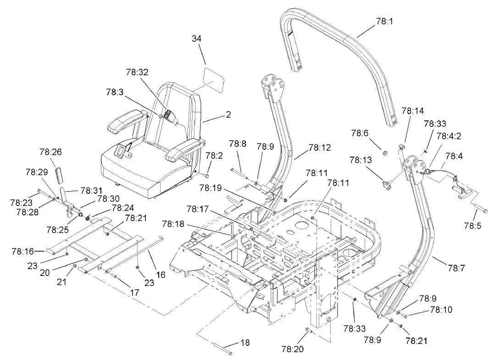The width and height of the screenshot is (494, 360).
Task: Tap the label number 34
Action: point(197,40)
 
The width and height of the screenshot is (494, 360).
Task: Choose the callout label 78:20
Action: point(293,349)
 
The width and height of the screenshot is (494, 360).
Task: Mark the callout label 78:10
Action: point(441,310)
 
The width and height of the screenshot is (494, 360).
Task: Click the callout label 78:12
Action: point(320,148)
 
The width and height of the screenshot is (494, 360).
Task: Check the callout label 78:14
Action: point(412,111)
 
